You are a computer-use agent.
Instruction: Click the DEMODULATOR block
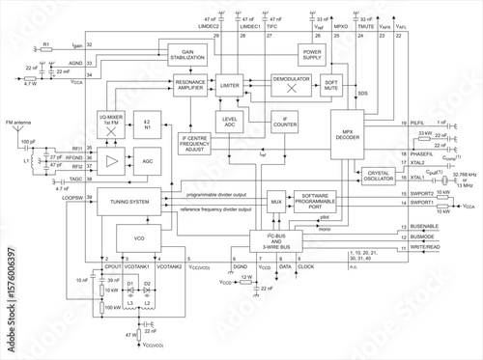tap(287, 84)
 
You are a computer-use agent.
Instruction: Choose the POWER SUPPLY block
tap(313, 54)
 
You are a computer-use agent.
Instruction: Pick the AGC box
tap(146, 161)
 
